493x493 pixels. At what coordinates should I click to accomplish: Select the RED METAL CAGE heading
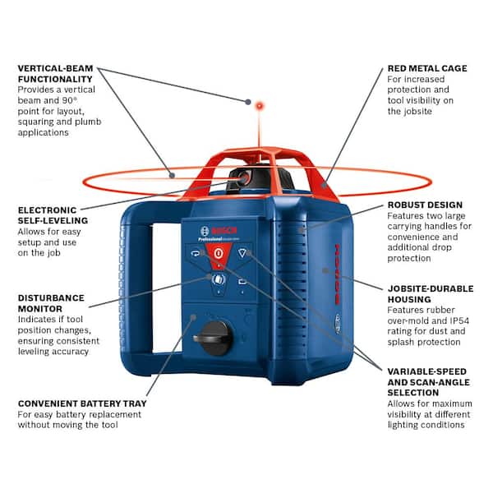426,68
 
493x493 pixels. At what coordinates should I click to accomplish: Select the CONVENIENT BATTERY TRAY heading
82,403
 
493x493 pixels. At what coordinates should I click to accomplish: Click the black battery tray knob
213,336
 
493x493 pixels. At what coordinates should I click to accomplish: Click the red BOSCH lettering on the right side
337,280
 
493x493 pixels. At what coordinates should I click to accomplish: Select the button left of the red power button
193,254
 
